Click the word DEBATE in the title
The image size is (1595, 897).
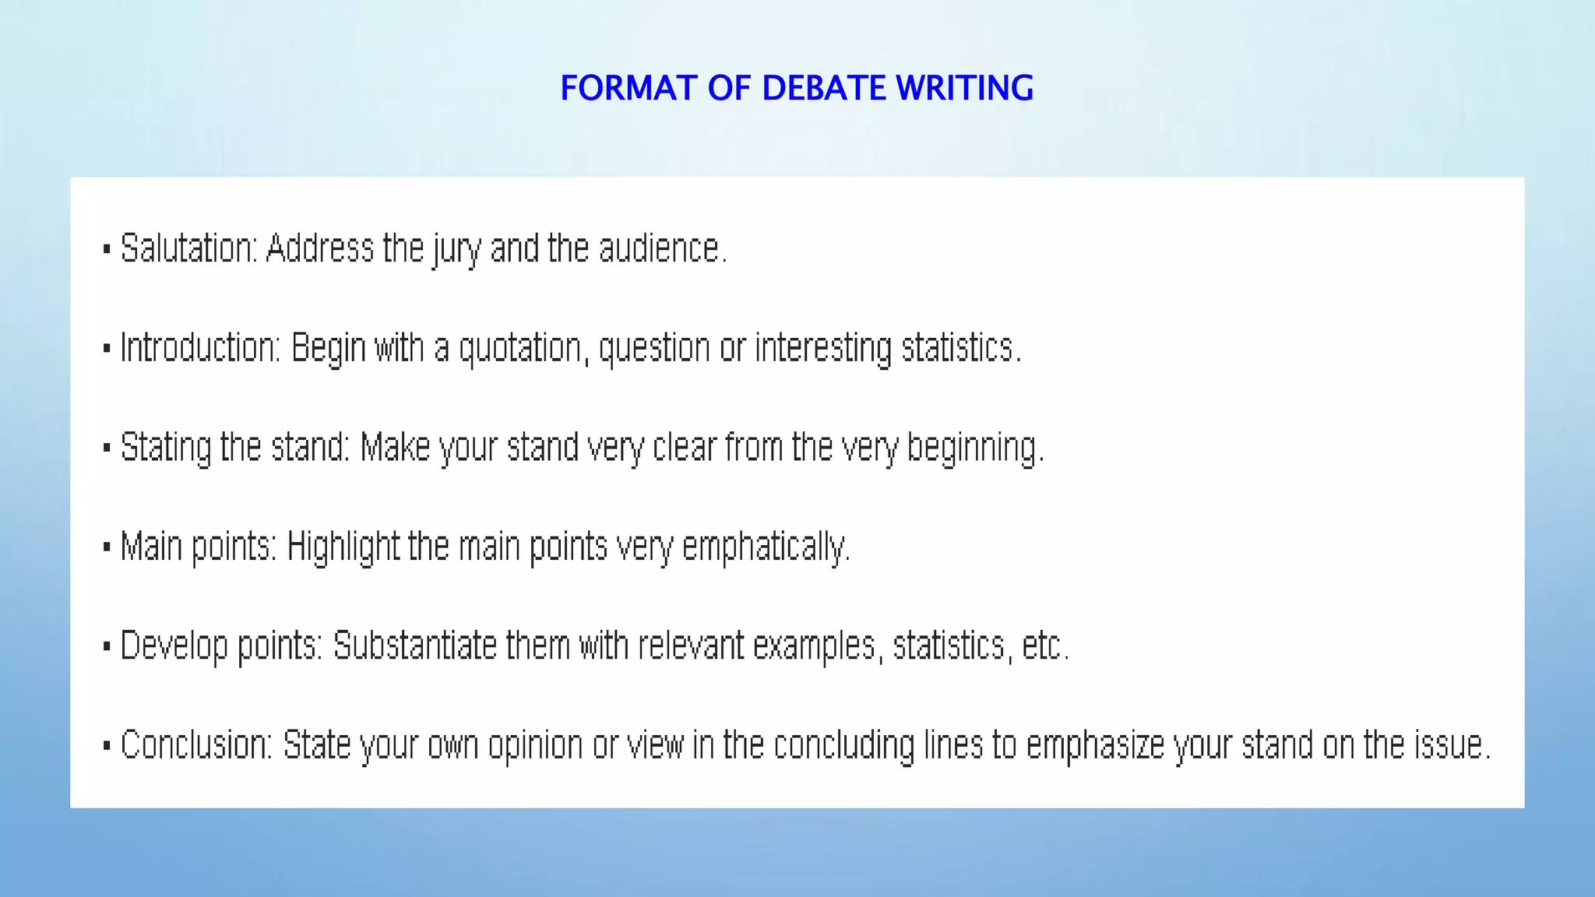point(824,88)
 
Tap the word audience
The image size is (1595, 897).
point(660,249)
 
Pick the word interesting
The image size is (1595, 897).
point(823,348)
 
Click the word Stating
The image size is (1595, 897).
point(166,448)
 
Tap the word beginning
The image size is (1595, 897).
point(974,448)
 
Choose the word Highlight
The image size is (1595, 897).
point(343,547)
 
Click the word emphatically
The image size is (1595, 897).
point(765,547)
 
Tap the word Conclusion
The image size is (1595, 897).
point(195,745)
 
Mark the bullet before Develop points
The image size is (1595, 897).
point(107,646)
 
